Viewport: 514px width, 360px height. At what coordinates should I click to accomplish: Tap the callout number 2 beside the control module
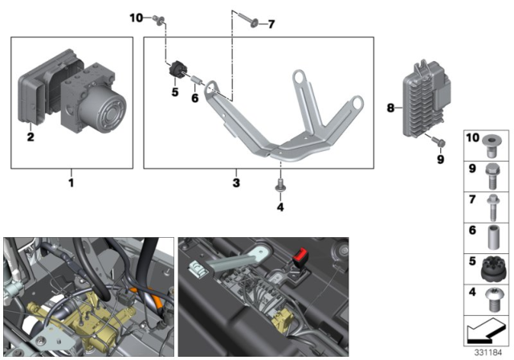[30, 137]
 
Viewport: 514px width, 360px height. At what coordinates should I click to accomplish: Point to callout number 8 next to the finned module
[391, 106]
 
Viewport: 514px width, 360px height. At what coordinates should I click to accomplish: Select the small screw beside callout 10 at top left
[158, 18]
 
